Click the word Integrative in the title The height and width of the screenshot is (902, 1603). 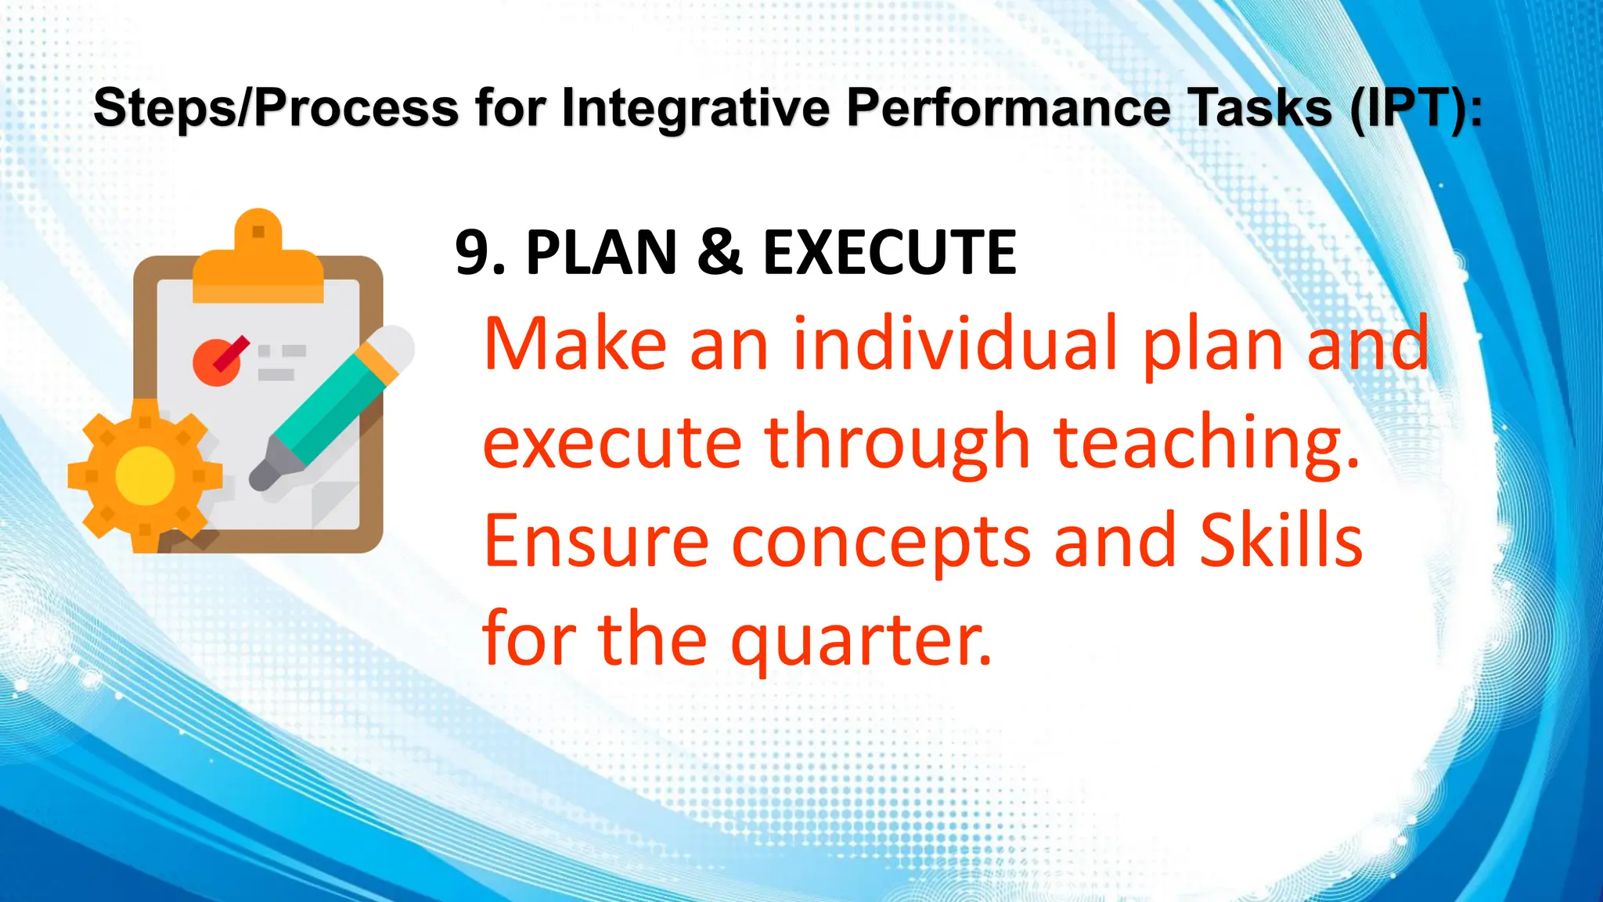tap(695, 107)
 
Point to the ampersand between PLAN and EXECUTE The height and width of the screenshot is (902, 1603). tap(719, 252)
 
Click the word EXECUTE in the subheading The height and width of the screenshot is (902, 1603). tap(889, 253)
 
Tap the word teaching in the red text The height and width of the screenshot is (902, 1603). tap(1206, 443)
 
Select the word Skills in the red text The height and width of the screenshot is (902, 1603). tap(1281, 540)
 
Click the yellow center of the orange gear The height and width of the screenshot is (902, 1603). tap(145, 475)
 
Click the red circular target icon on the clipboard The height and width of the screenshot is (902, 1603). tap(216, 363)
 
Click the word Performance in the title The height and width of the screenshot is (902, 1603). tap(1009, 107)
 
